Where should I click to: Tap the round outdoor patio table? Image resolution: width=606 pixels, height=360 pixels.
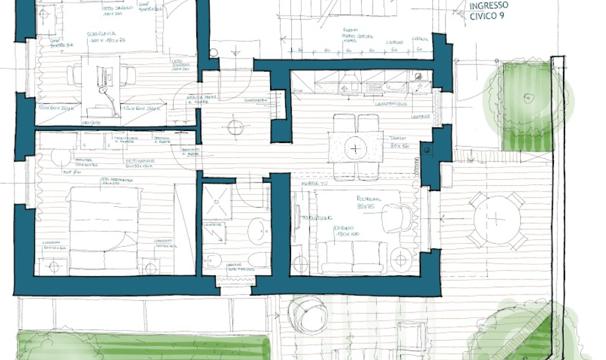[498, 220]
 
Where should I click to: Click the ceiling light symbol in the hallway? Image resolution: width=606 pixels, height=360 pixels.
[233, 126]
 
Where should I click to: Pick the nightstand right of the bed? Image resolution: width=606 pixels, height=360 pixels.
[150, 268]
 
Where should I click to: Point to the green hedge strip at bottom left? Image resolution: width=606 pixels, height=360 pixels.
[140, 345]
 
